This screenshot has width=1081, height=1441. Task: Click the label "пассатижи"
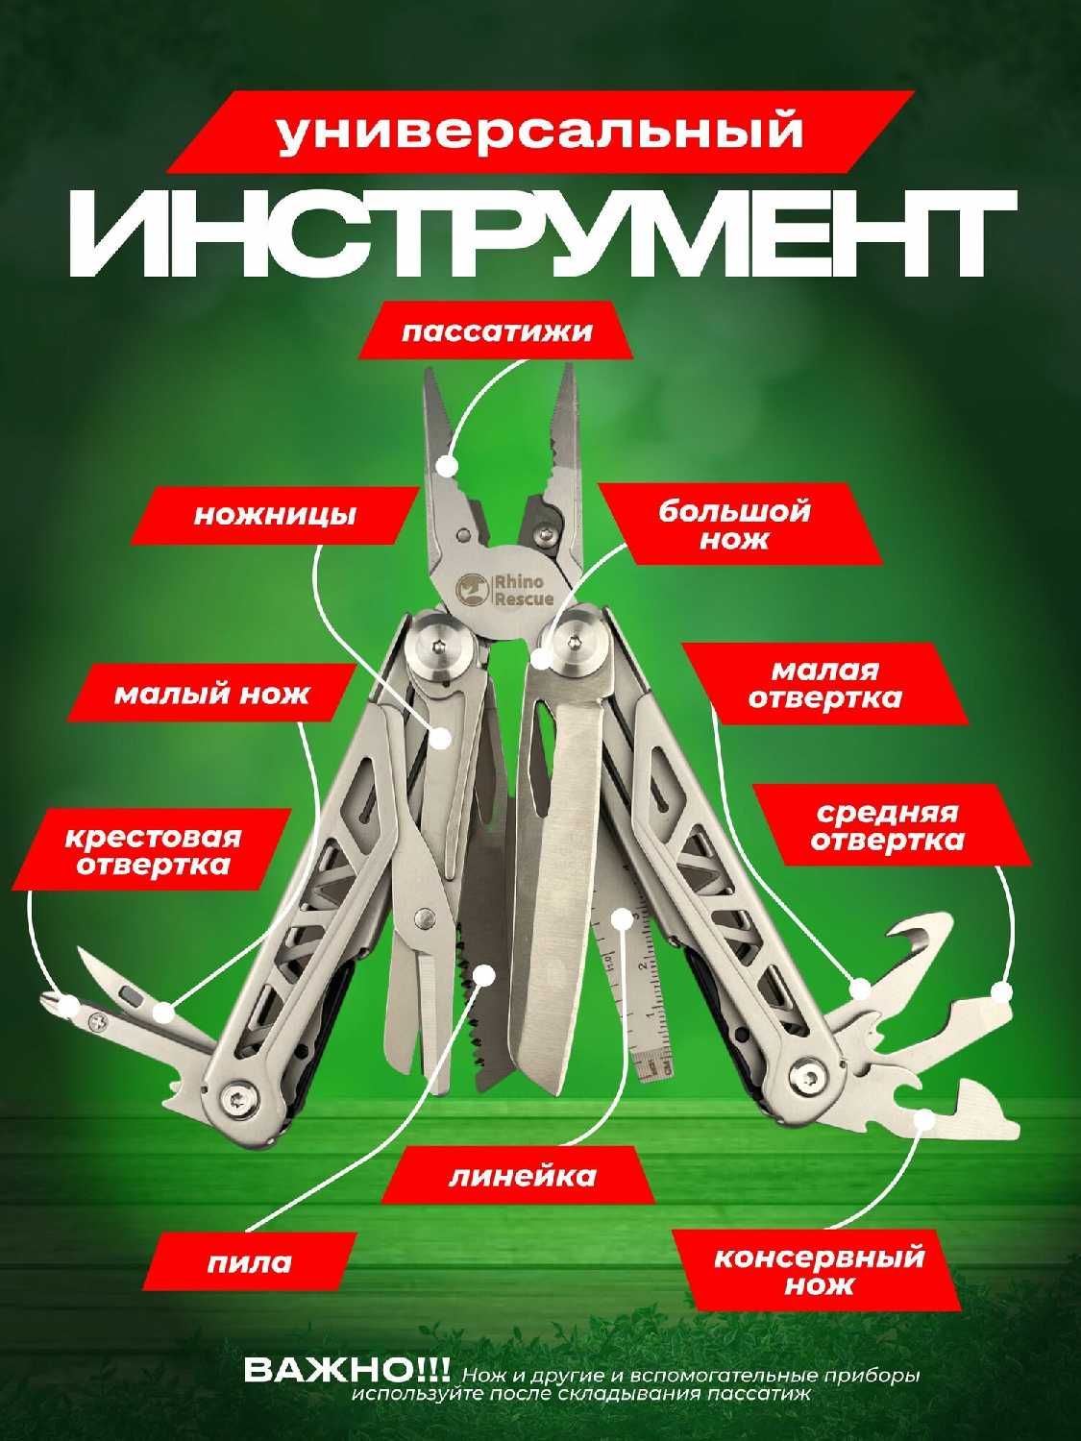point(496,332)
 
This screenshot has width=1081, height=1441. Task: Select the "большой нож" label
point(734,524)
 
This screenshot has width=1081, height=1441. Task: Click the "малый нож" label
point(211,694)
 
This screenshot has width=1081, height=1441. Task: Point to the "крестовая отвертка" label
point(154,850)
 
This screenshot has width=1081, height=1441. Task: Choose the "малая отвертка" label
point(824,683)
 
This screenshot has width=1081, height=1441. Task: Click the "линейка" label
point(522,1175)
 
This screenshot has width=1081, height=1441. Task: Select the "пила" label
point(249,1261)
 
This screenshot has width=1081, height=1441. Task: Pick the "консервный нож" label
point(818,1270)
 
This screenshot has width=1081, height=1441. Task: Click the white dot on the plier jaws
point(446,467)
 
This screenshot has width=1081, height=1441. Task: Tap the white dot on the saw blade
point(485,974)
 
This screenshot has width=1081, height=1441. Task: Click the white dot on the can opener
point(923,1118)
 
